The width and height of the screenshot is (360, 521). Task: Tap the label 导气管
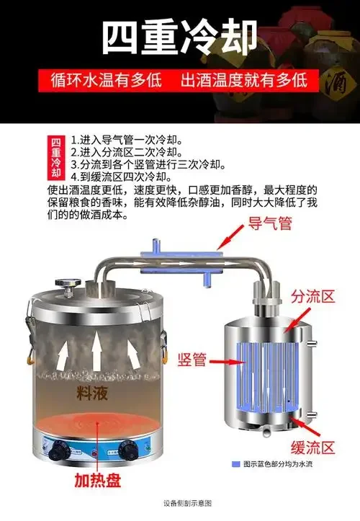click(270, 225)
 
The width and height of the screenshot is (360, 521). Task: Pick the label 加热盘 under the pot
click(95, 480)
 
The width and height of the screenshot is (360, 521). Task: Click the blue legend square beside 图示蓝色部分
click(235, 464)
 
